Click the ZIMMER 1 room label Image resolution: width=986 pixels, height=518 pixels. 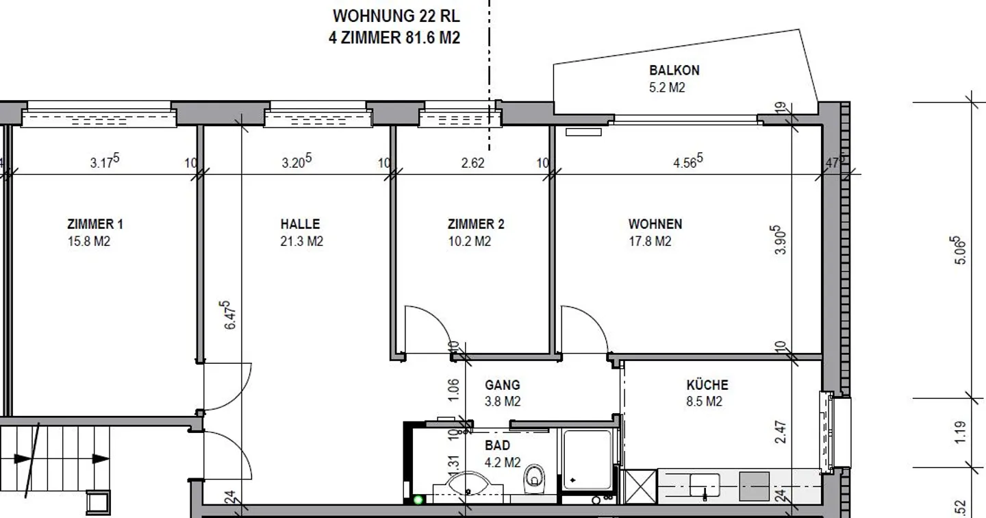point(95,224)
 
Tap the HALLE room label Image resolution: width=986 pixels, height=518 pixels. point(300,224)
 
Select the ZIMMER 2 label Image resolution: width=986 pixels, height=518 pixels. point(476,224)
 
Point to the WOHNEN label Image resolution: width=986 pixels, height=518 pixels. point(655,224)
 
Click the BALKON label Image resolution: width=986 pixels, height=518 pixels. point(674,70)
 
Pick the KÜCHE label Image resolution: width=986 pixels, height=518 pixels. point(707,384)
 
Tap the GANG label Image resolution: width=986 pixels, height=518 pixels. point(503,385)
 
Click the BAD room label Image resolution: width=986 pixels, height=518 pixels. point(497,445)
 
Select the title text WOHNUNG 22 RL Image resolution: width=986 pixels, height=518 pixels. point(396,16)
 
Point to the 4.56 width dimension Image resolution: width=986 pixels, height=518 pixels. point(688,161)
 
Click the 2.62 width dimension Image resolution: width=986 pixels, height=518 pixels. point(472,163)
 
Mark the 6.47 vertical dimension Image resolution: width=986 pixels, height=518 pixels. point(230,315)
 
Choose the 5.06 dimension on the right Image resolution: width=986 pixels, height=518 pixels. point(960,250)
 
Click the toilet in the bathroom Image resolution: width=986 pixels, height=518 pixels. point(534,478)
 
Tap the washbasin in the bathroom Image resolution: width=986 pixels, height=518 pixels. point(468,484)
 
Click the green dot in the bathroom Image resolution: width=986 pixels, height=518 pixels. point(418,500)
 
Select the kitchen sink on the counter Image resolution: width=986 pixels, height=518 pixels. point(705,485)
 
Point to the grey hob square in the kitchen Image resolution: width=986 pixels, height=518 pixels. point(754,486)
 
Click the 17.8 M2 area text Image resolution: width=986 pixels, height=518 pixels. point(650,241)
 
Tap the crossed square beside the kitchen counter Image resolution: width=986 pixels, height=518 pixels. point(641,486)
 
